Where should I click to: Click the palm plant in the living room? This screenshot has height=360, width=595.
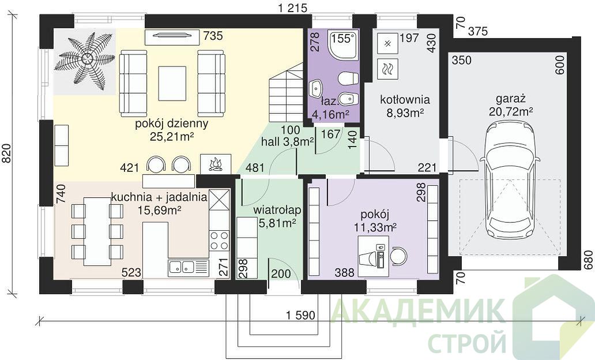(x=85, y=60)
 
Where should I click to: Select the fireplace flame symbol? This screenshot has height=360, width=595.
(x=215, y=164)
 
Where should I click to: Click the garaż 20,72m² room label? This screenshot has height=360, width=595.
(x=511, y=105)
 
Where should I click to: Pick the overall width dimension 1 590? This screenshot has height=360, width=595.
(x=300, y=316)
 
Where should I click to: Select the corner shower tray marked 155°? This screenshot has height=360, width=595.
(x=344, y=46)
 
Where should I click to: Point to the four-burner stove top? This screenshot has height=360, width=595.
(x=219, y=241)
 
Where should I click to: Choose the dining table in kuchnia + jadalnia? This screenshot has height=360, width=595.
(x=97, y=231)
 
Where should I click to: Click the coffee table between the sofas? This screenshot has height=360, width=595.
(x=172, y=83)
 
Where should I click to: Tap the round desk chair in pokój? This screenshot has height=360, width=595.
(x=398, y=255)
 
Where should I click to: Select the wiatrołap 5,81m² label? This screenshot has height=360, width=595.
(x=277, y=216)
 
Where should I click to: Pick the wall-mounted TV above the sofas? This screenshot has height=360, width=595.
(x=172, y=36)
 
